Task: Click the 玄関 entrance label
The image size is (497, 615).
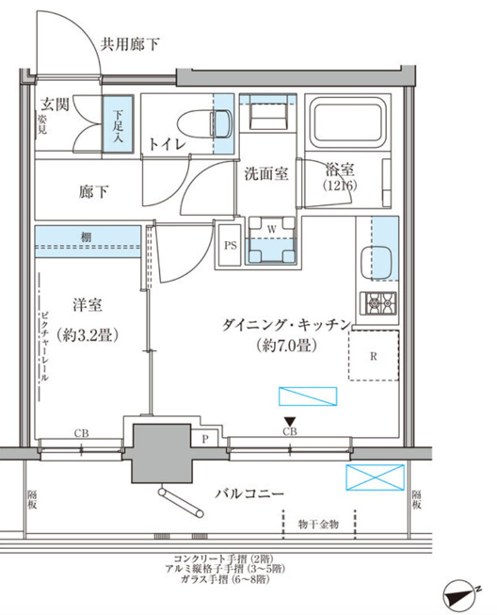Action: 55,104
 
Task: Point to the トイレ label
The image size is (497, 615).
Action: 167,143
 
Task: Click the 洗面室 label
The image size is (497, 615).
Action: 266,173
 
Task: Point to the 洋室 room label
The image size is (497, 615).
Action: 88,305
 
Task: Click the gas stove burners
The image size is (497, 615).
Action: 382,302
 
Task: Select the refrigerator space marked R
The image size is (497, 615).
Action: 374,356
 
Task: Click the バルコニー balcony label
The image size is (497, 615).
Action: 251,493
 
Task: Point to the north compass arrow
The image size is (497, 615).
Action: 464,593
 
